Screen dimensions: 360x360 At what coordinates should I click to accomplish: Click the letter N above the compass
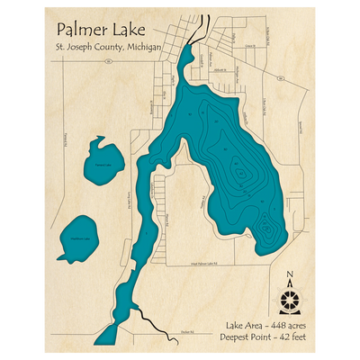pos(287,276)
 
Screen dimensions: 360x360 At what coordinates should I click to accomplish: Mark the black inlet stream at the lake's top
pos(203,26)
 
